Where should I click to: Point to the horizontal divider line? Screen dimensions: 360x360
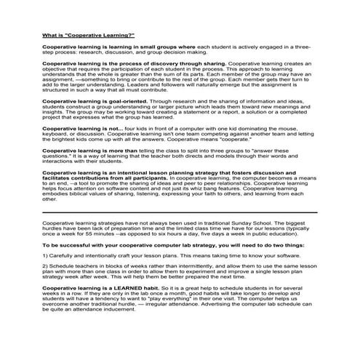click(180, 212)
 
